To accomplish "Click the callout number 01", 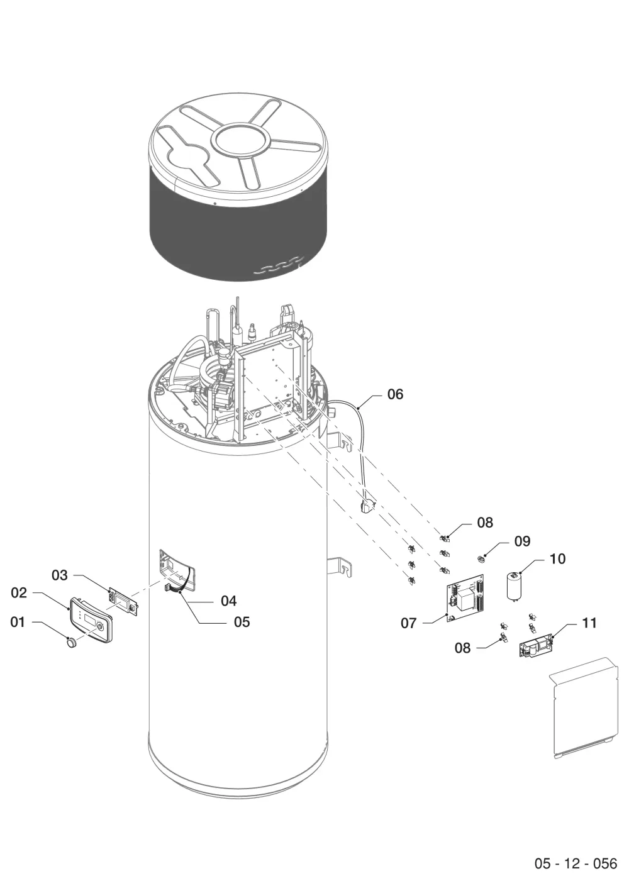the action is click(18, 622).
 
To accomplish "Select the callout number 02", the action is click(18, 592).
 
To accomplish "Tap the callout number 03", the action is click(59, 575).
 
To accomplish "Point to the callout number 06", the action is click(396, 394).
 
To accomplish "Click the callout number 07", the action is click(408, 623).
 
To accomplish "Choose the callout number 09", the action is click(523, 541).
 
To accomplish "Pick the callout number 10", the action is click(557, 558).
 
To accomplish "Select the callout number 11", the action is click(589, 623).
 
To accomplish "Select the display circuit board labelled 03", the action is click(125, 600).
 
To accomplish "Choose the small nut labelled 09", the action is click(481, 558).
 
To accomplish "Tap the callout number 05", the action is click(242, 622).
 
